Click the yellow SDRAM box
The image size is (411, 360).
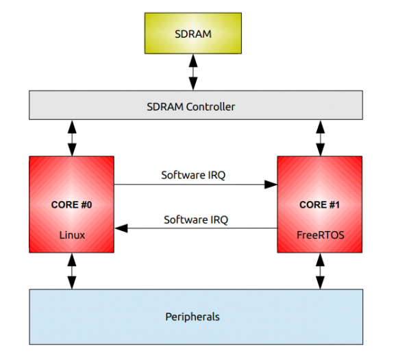(192, 33)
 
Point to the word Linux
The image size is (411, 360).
(71, 235)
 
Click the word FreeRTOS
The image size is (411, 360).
(319, 235)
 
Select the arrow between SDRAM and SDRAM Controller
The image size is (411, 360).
(192, 72)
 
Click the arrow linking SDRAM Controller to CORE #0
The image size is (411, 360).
(71, 137)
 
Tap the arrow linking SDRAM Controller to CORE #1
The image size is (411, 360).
(319, 137)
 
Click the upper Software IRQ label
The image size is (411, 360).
(194, 175)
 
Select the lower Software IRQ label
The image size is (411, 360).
(196, 220)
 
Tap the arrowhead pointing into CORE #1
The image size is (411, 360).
(273, 184)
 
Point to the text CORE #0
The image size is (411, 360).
(71, 204)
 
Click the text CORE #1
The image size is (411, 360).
(319, 204)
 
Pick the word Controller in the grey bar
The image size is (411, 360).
(212, 106)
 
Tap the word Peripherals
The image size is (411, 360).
(192, 317)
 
